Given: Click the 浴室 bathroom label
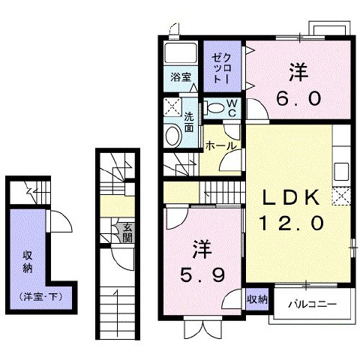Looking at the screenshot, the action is (181, 77).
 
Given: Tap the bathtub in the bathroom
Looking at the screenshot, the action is (181, 53).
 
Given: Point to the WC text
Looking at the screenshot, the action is (232, 108).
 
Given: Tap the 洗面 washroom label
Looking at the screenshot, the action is (189, 122).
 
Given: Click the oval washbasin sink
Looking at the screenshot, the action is (173, 136).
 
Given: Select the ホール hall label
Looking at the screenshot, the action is (220, 146).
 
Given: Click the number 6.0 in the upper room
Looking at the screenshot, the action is (298, 98).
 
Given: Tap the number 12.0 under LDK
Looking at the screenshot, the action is (292, 223).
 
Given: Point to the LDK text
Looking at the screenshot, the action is (290, 198).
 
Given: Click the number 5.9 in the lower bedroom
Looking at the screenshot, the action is (202, 274).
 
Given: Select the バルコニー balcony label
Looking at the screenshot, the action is (313, 304).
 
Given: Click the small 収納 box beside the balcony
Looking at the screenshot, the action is (257, 299).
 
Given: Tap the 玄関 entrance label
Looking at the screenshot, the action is (127, 232).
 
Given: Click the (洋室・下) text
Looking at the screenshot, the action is (40, 297).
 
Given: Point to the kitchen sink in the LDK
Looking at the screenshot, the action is (341, 172).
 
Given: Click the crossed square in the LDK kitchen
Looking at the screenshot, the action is (341, 196).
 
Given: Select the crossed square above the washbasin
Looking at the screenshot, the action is (172, 107).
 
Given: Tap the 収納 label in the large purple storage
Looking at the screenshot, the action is (28, 262).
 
